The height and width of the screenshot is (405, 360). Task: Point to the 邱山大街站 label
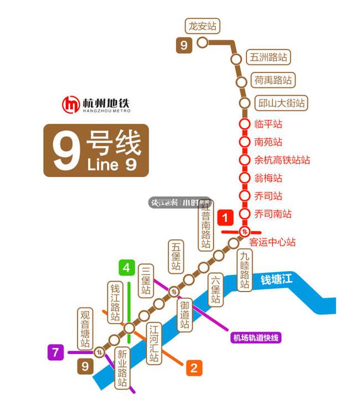281,103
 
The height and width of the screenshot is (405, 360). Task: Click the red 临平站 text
268,124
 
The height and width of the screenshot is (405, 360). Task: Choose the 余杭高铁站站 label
282,160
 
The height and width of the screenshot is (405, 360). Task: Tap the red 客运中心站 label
272,242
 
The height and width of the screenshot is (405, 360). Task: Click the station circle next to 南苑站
244,142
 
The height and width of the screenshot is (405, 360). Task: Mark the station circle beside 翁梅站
244,178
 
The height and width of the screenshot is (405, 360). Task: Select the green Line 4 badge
126,268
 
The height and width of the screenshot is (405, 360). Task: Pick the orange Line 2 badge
193,368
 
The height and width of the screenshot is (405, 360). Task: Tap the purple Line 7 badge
55,352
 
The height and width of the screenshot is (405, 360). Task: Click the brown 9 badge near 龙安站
184,45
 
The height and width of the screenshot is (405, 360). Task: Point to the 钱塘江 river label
276,281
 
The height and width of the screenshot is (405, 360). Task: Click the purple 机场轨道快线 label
256,337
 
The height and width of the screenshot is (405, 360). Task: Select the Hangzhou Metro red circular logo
71,104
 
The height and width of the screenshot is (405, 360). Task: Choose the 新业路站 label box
122,368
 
